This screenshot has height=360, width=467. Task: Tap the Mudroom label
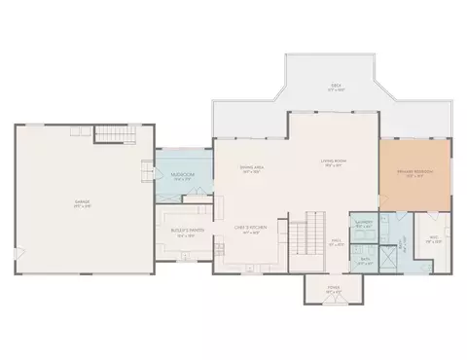pos(181,176)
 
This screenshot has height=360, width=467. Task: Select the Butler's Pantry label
pos(185,232)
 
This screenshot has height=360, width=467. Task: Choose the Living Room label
pos(334,163)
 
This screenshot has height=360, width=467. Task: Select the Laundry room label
pos(364,225)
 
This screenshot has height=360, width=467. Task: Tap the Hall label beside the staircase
pos(336,243)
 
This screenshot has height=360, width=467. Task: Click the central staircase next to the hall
pos(306,238)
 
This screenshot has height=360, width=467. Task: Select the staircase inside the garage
pos(116,134)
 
